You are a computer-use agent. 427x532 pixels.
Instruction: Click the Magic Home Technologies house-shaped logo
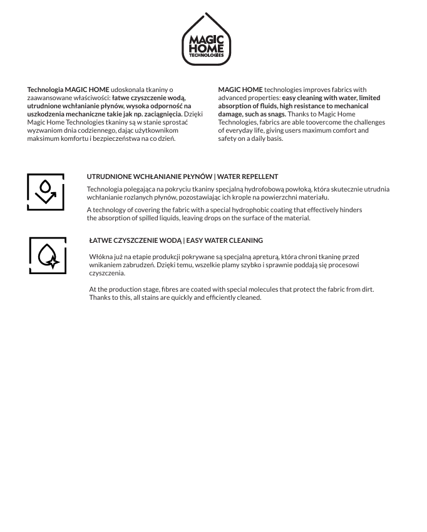(207, 40)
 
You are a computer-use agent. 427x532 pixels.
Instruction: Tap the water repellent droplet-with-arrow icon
(46, 192)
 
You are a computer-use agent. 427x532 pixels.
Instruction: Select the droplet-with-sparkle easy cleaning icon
(48, 255)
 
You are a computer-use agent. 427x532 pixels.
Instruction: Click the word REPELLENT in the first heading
(259, 176)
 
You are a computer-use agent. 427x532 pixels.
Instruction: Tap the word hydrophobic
(239, 210)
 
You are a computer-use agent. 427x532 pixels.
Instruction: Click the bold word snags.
(277, 114)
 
